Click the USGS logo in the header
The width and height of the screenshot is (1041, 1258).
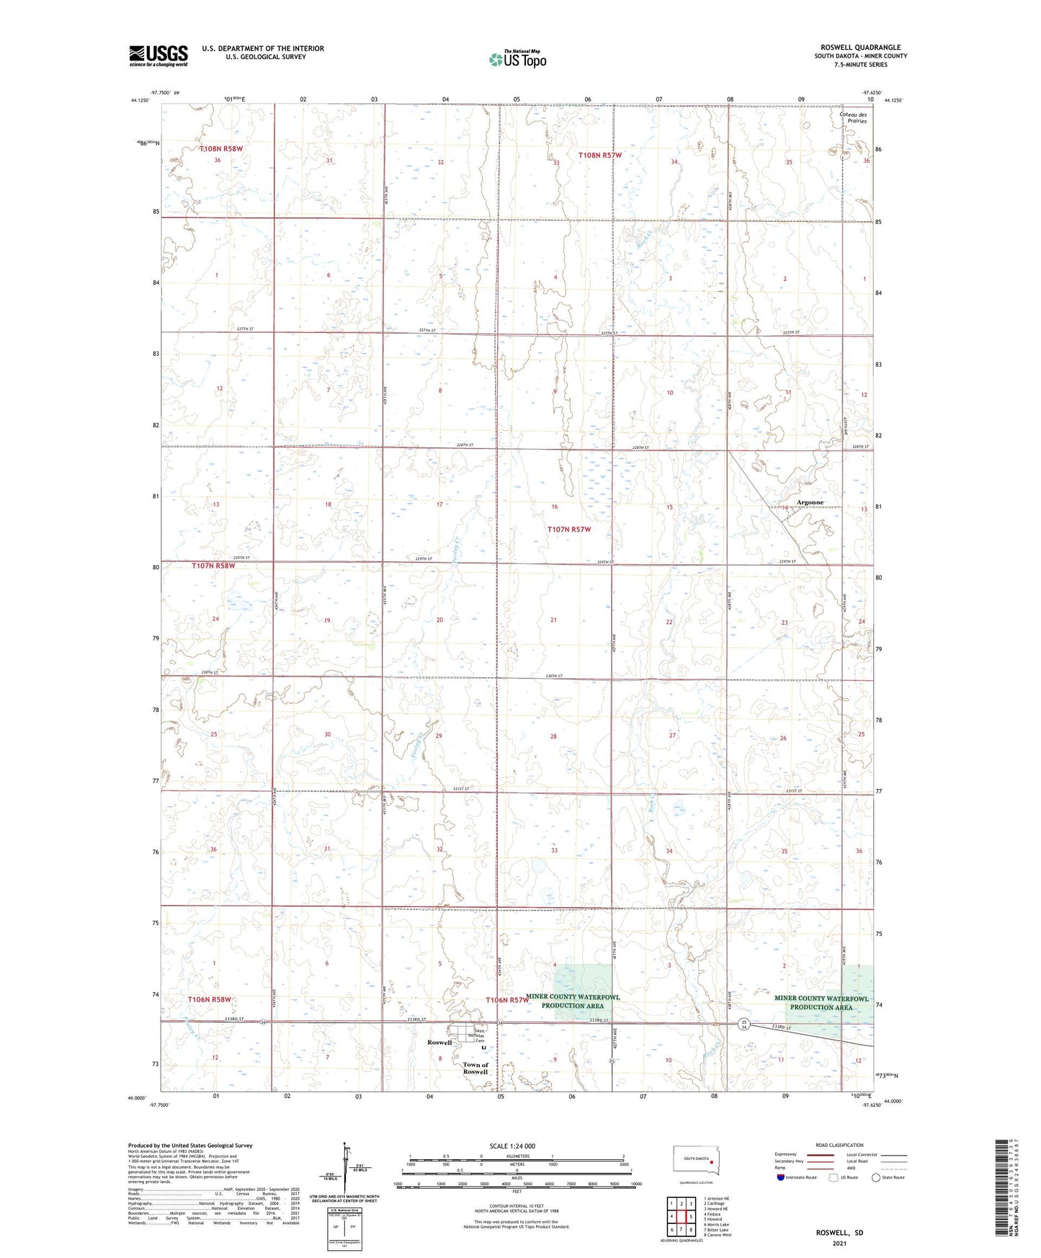[x=158, y=55]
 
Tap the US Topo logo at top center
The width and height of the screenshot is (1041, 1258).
[x=517, y=59]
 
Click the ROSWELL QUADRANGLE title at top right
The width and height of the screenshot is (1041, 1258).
[x=860, y=48]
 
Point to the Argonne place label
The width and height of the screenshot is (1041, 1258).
[x=810, y=502]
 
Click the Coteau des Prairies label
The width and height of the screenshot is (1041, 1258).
[x=853, y=117]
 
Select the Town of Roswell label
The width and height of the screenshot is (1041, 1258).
[x=475, y=1068]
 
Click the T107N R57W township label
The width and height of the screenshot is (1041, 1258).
[x=568, y=529]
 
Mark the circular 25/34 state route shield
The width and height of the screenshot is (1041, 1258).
[x=745, y=1024]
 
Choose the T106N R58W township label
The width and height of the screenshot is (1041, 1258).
[x=210, y=999]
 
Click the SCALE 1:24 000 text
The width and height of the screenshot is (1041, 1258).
[x=511, y=1146]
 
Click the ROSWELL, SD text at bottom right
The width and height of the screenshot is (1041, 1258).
[x=839, y=1233]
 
